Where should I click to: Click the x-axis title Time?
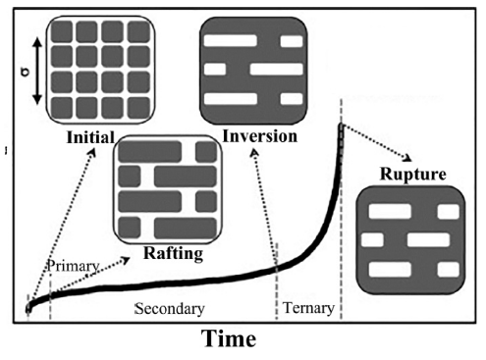pos(229,339)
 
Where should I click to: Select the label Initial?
pos(90,137)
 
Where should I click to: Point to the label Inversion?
pos(259,136)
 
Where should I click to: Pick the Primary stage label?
pos(74,266)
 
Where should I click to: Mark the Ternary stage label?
pos(308,309)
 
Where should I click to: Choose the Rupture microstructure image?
pos(409,240)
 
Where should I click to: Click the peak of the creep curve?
pos(341,126)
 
